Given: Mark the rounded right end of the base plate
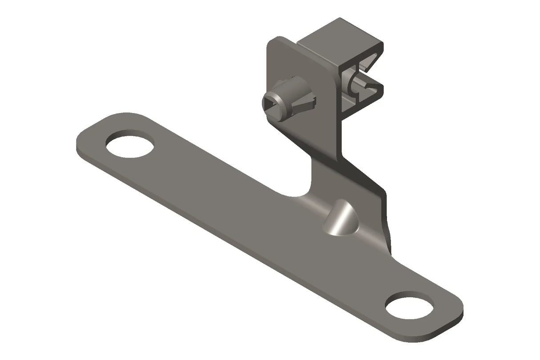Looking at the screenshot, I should click(x=454, y=311).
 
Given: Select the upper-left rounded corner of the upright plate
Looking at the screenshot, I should click(x=272, y=42).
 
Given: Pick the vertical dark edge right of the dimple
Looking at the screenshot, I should click(x=387, y=218).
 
